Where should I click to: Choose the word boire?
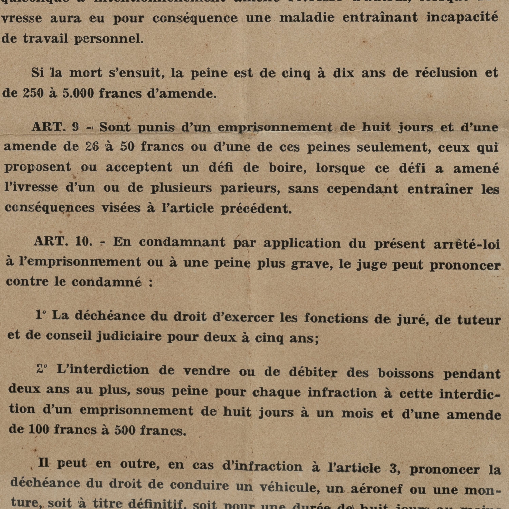pos(288,168)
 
